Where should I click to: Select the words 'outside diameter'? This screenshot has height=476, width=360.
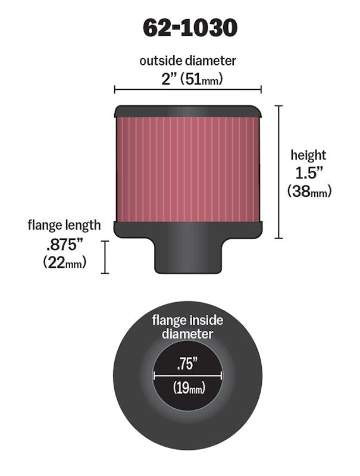(187, 60)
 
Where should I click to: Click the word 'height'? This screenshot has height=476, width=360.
(308, 156)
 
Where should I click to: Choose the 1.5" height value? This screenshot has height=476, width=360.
(308, 173)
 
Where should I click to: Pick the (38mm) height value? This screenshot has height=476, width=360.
(309, 191)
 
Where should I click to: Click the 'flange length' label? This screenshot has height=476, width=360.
(64, 226)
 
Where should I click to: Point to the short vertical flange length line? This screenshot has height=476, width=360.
(105, 257)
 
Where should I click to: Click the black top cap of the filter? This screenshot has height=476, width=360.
(187, 111)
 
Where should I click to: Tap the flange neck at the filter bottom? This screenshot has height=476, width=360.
(187, 256)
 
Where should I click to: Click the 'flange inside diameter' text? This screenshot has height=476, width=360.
(187, 327)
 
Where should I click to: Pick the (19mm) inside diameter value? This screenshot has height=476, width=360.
(189, 389)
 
